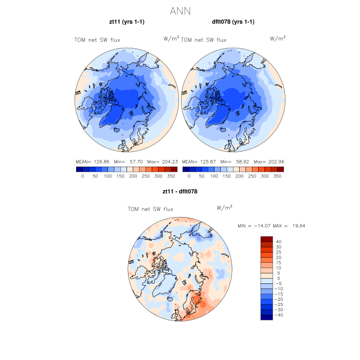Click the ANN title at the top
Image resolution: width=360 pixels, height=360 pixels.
pos(181,10)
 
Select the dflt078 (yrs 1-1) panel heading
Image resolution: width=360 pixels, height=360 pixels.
pos(233,22)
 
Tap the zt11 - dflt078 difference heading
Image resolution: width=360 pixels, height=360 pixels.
pos(180,191)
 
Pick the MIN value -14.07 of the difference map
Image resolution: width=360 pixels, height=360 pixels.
pos(264,226)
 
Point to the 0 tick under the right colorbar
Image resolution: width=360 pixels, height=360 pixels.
pos(189,176)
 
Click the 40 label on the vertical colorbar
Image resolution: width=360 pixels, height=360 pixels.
pos(278,242)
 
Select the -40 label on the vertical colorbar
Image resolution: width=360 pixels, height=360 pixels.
pos(280,315)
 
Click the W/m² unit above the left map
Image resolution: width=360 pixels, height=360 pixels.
pos(171,38)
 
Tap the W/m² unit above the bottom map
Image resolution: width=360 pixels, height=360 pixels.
pos(225,208)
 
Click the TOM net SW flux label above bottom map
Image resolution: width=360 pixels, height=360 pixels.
pos(150,209)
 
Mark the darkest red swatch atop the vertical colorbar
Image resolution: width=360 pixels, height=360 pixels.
pos(266,239)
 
